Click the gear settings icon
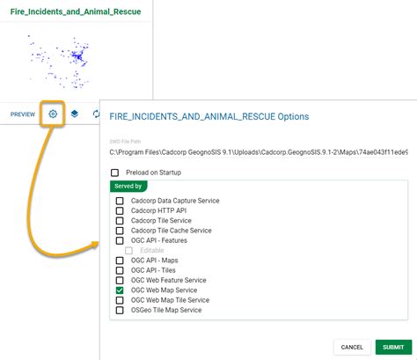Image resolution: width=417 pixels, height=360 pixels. point(54,114)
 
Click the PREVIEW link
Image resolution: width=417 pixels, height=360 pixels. point(23,114)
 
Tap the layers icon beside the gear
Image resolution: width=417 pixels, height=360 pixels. point(76,114)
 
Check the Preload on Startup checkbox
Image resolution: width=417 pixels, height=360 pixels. point(114,173)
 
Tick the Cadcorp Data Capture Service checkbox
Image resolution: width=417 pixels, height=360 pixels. point(121,201)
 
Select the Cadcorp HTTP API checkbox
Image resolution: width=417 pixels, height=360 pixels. point(121,210)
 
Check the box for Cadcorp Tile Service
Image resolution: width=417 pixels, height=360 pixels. point(121,221)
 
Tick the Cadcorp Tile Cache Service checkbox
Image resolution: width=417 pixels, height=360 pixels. point(121,231)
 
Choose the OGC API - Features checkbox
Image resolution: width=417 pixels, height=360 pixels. point(121,240)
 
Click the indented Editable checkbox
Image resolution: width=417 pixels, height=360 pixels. point(129,251)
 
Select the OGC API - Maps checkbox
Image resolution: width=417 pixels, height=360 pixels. point(121,261)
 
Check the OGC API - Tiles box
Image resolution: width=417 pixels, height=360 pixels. point(121,270)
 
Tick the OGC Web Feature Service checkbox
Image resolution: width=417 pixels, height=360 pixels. point(121,281)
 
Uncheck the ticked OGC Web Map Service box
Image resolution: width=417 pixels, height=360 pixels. point(121,290)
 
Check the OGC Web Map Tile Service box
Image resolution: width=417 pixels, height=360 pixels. point(121,300)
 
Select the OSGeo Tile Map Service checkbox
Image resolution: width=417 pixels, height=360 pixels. point(121,311)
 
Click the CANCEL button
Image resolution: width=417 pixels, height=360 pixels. point(352,347)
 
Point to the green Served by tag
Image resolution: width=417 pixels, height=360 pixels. point(128,187)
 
